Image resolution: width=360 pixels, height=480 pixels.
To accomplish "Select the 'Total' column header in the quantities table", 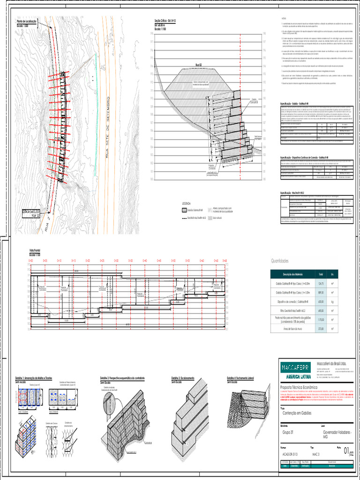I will [x=321, y=274].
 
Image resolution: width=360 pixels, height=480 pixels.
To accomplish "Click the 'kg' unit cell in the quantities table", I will [x=332, y=301].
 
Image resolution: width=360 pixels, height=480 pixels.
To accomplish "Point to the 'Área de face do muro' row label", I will [x=292, y=330].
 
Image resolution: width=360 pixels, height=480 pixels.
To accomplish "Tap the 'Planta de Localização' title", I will [x=27, y=22].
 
